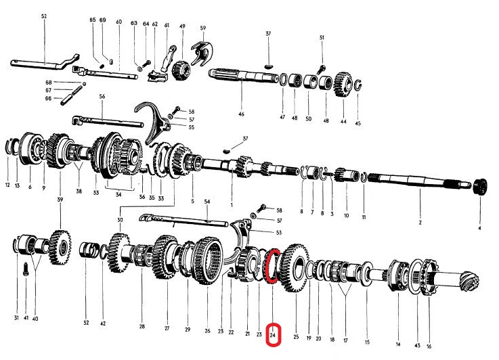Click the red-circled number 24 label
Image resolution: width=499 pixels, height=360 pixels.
pos(274,335)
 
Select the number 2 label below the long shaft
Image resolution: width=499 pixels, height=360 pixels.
pos(420,223)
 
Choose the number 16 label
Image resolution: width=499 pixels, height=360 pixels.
pos(429,346)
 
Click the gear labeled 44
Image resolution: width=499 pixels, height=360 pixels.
pos(343,86)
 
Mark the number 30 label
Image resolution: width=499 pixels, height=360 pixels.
pos(120,220)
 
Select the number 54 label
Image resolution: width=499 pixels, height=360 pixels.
pos(207,202)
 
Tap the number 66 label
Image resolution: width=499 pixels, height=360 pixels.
pos(48,99)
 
